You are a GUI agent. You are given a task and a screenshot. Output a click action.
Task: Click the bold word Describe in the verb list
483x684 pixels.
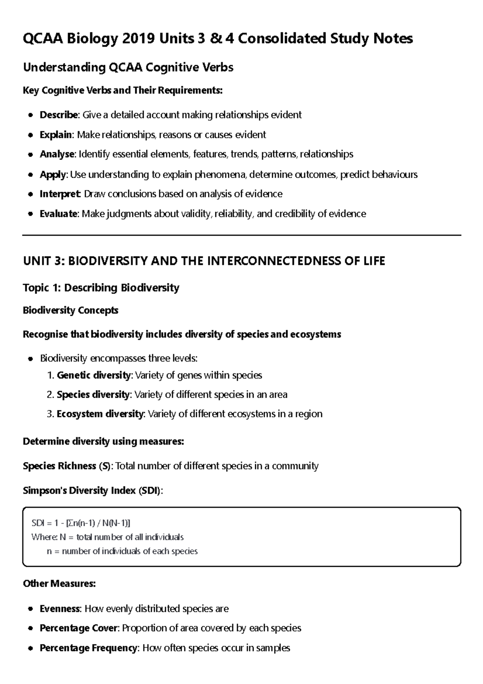click(59, 115)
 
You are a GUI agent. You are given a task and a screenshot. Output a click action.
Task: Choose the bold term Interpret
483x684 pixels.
click(60, 194)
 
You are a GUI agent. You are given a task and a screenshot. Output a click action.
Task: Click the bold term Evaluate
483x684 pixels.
click(59, 213)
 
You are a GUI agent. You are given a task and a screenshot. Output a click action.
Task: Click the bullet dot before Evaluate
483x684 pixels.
click(31, 214)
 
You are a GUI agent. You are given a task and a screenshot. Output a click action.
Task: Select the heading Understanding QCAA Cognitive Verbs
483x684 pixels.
click(128, 67)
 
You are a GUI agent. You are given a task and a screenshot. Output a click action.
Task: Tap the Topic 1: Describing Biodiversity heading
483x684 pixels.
click(101, 288)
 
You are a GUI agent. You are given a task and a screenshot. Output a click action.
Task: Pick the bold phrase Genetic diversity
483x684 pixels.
click(94, 375)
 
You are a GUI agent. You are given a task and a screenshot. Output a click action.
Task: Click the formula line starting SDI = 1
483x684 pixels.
click(80, 523)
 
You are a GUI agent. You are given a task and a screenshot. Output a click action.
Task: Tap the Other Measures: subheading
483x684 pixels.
click(59, 583)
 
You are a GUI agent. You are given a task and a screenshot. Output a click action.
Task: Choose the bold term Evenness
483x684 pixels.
click(60, 609)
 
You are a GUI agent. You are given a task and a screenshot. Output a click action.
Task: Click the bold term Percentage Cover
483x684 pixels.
click(79, 628)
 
